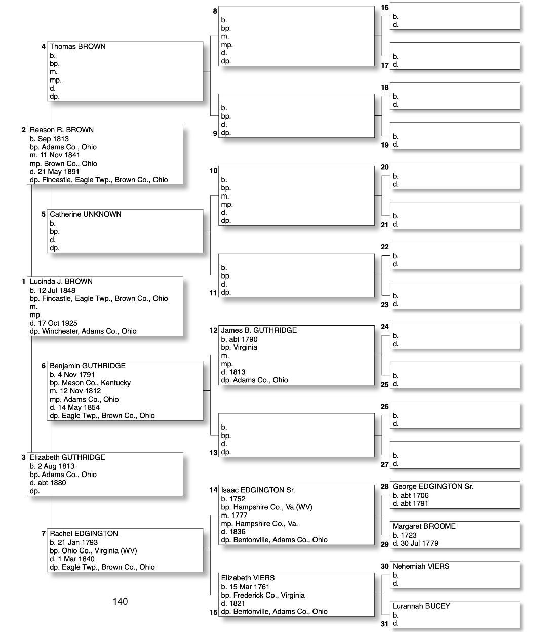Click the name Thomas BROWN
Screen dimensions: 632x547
point(77,46)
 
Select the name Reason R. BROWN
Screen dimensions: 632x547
point(62,130)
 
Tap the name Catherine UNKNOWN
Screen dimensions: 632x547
point(86,214)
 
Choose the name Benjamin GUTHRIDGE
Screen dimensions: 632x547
point(88,366)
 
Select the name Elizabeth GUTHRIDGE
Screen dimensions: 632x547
point(67,457)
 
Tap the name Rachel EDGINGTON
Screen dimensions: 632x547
point(84,533)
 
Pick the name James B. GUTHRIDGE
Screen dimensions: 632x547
point(259,330)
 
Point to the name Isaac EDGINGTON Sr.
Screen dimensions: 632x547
point(258,490)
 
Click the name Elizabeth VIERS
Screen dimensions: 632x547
point(248,578)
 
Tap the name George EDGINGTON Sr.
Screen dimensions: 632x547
point(433,486)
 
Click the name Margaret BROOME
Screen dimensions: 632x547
point(424,526)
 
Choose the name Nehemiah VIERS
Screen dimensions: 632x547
point(420,566)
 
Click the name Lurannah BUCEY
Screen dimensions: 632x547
point(421,606)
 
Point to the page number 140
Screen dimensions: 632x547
point(120,601)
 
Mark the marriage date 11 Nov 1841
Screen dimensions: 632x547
point(60,155)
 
